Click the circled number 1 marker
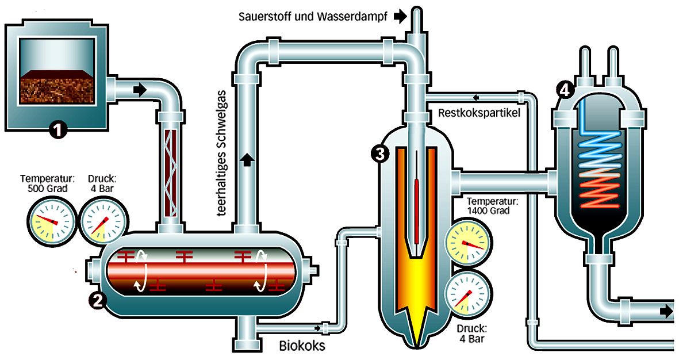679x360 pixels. coord(58,129)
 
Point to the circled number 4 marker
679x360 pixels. coord(565,90)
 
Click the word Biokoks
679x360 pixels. coord(302,345)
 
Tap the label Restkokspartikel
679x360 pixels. coord(479,113)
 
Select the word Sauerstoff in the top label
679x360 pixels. coord(264,17)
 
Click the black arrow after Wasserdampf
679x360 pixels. coord(400,17)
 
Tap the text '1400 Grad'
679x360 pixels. coord(488,210)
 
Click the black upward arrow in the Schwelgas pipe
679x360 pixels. coord(247,159)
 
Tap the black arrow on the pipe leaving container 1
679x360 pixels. coord(140,90)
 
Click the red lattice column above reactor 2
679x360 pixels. coord(171,173)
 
